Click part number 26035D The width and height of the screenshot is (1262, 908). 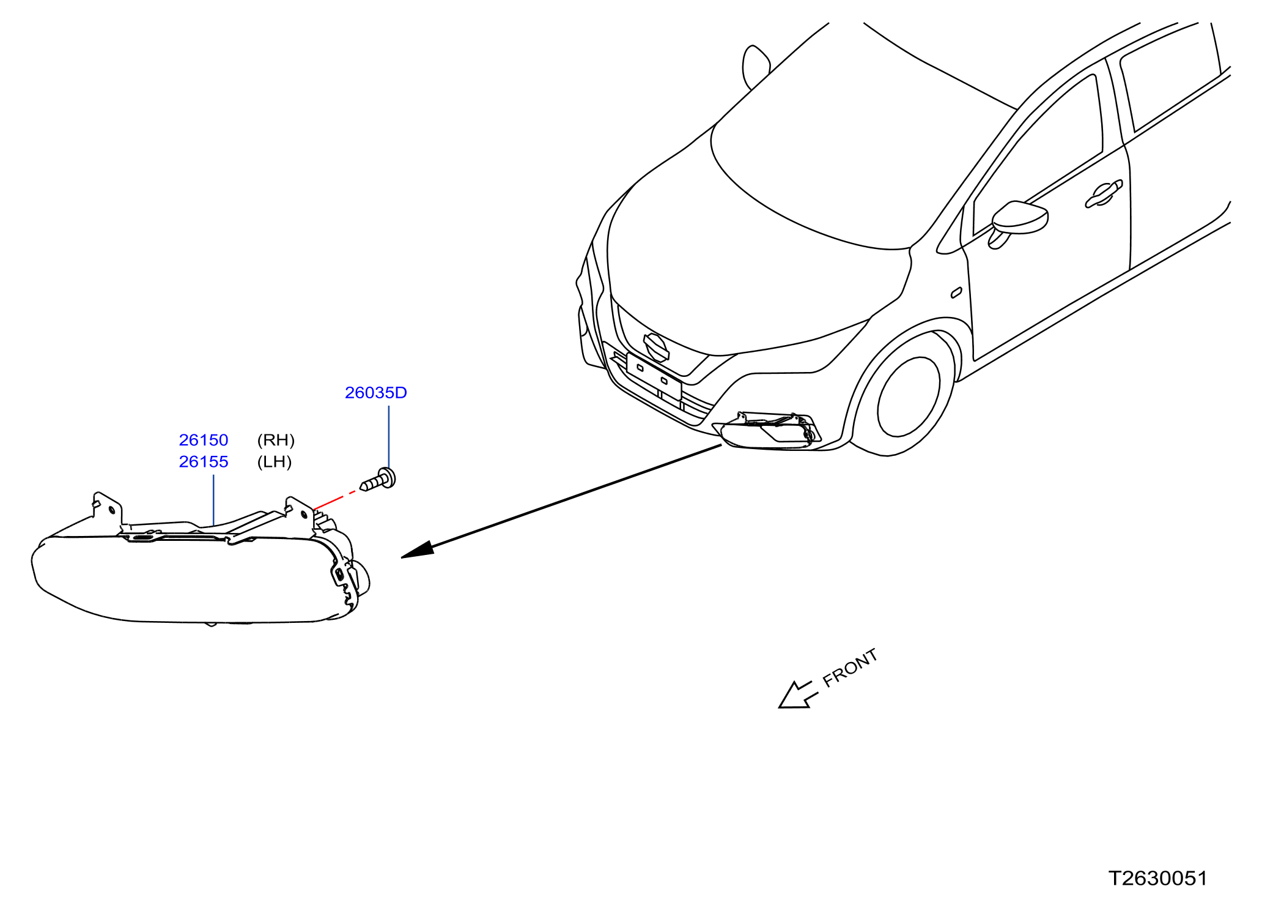375,393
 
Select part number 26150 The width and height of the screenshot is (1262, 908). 204,440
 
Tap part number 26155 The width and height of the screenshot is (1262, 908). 204,462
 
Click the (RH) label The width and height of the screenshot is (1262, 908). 276,440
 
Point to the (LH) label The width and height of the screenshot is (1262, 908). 275,462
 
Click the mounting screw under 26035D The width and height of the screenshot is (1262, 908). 378,479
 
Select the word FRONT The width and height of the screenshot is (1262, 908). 850,668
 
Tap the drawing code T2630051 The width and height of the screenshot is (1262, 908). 1158,879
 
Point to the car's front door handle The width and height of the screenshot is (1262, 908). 1104,193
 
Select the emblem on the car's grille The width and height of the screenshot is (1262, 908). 656,348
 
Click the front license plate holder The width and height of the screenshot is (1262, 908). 654,376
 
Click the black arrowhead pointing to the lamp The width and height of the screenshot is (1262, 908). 418,550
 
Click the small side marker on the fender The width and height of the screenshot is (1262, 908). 956,293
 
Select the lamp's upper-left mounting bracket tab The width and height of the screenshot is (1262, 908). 108,509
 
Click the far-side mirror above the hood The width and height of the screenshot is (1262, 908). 756,67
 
